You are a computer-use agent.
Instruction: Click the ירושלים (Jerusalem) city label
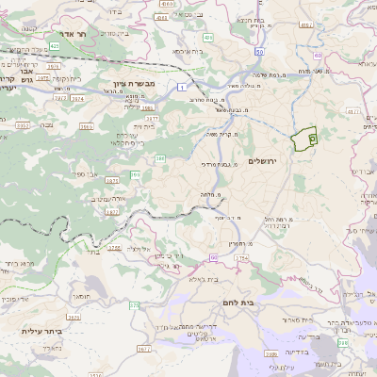265,161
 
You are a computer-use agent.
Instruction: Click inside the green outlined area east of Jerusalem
304,139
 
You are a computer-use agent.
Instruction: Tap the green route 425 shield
56,44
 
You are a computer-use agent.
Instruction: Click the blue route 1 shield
179,87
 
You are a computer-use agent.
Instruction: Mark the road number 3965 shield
87,125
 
